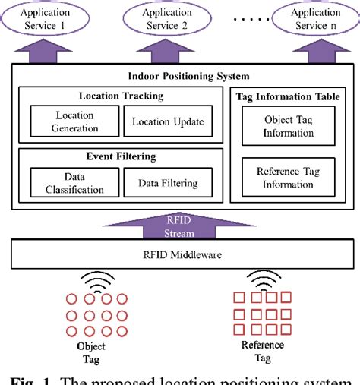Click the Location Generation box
point(74,121)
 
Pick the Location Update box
point(168,121)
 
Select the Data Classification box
point(74,182)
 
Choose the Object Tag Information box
point(288,126)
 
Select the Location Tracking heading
point(121,96)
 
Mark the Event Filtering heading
point(121,156)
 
